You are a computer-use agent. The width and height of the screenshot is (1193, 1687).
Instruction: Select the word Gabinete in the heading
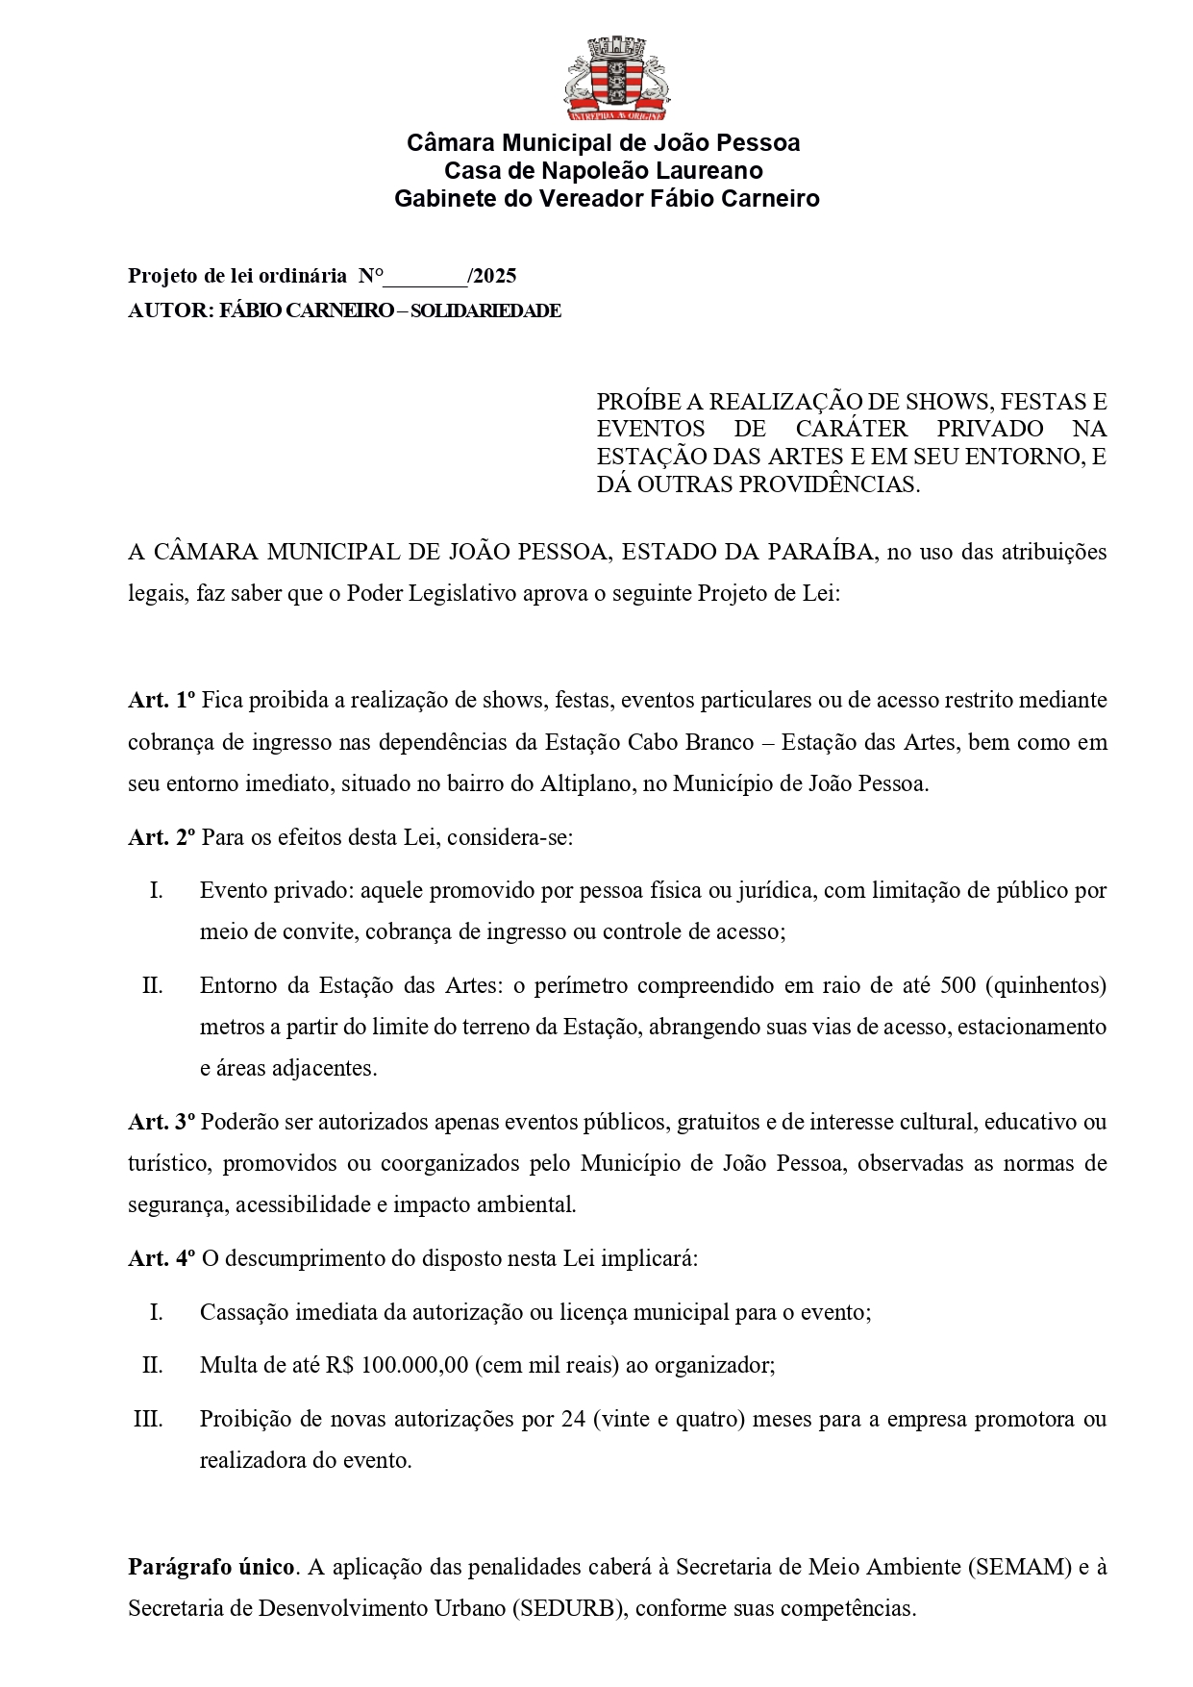click(439, 199)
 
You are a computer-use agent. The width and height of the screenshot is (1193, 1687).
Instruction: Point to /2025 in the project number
click(491, 277)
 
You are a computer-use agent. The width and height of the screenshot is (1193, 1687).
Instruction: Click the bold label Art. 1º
click(162, 701)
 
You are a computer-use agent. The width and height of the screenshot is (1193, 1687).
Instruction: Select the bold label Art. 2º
click(162, 837)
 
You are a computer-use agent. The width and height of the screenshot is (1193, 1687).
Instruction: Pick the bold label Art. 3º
click(162, 1122)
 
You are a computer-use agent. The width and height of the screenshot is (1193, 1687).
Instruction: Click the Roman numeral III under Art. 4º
click(148, 1419)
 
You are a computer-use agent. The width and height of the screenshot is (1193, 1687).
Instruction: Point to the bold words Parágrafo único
click(211, 1568)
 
